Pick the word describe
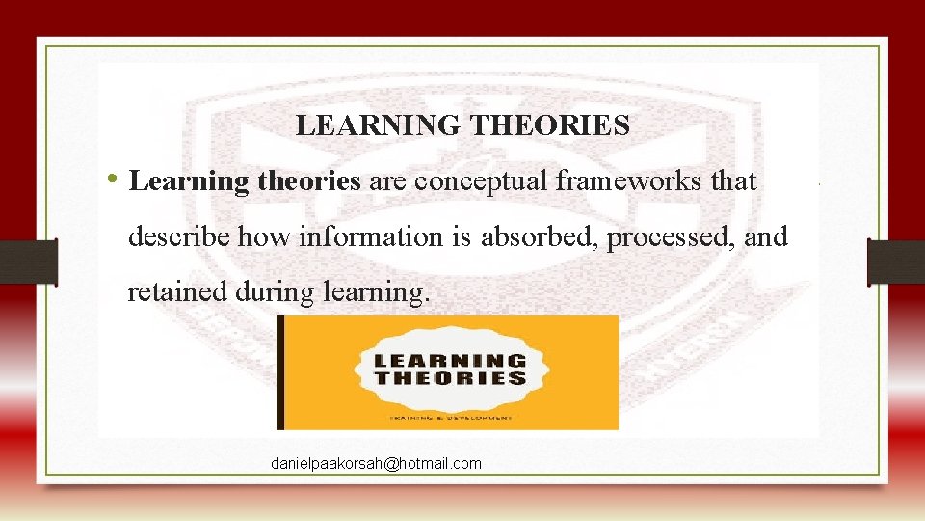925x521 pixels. [179, 235]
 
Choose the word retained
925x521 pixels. [176, 291]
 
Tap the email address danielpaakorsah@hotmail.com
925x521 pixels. [376, 464]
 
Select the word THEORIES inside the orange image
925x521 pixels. [451, 378]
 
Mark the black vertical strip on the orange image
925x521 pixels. [280, 372]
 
